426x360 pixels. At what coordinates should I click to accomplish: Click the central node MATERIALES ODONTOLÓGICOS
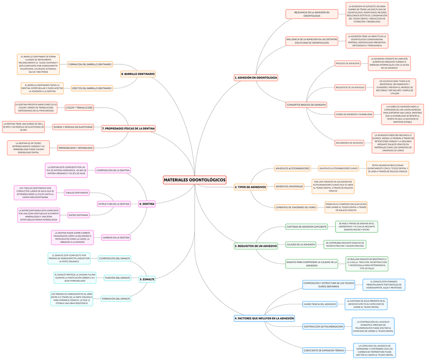pos(195,179)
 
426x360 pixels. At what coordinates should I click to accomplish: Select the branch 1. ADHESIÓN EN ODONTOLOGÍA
pos(256,77)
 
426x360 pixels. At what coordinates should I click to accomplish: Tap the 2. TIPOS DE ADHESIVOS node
pos(250,187)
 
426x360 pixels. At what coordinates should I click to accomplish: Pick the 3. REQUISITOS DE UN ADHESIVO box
pos(256,246)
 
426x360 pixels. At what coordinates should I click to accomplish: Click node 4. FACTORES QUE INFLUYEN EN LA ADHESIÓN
pos(264,318)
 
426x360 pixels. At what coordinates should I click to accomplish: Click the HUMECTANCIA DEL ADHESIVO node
pos(320,304)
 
